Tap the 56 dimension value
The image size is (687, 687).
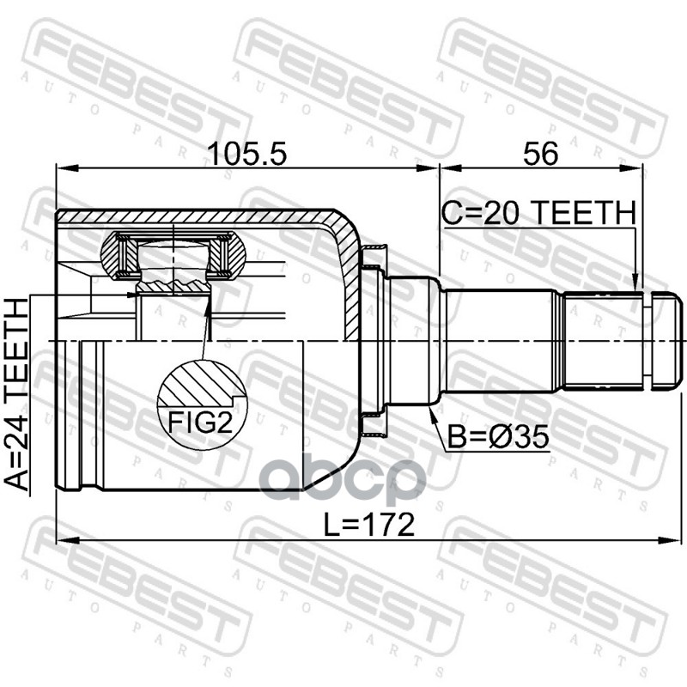pos(541,154)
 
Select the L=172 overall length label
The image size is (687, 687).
pos(368,525)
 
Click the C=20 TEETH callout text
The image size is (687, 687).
pos(538,212)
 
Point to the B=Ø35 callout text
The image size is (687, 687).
pos(498,437)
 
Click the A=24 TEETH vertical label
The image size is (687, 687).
pos(16,394)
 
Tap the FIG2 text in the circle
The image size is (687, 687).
pos(201,422)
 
